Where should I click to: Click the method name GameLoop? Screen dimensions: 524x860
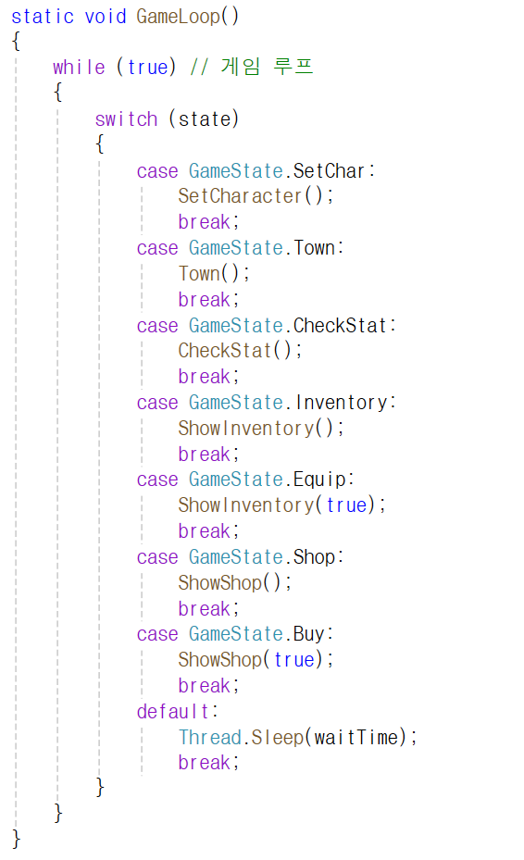pyautogui.click(x=178, y=17)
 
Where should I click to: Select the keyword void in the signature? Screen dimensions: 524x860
pyautogui.click(x=106, y=17)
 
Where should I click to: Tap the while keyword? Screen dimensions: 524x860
pyautogui.click(x=79, y=67)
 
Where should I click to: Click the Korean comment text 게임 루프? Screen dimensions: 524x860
pyautogui.click(x=267, y=67)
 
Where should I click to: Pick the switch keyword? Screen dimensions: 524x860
pyautogui.click(x=126, y=119)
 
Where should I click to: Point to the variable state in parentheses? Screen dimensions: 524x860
pyautogui.click(x=204, y=119)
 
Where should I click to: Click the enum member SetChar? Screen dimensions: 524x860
pyautogui.click(x=329, y=171)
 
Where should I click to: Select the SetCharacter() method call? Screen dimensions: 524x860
pyautogui.click(x=256, y=196)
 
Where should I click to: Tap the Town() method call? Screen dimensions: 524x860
pyautogui.click(x=214, y=273)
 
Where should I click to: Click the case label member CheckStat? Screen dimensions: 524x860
pyautogui.click(x=340, y=326)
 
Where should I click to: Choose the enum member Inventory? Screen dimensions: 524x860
pyautogui.click(x=341, y=403)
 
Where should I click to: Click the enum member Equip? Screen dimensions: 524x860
pyautogui.click(x=319, y=480)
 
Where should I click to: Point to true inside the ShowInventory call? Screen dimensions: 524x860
pyautogui.click(x=346, y=505)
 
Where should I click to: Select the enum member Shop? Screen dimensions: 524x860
pyautogui.click(x=314, y=557)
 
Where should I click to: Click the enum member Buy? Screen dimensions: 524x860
pyautogui.click(x=309, y=634)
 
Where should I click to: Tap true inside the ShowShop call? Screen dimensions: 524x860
pyautogui.click(x=294, y=660)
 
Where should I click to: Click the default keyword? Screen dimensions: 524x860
pyautogui.click(x=173, y=711)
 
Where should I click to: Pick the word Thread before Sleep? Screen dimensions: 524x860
pyautogui.click(x=210, y=737)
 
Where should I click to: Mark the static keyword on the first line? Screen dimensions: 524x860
pyautogui.click(x=43, y=17)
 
